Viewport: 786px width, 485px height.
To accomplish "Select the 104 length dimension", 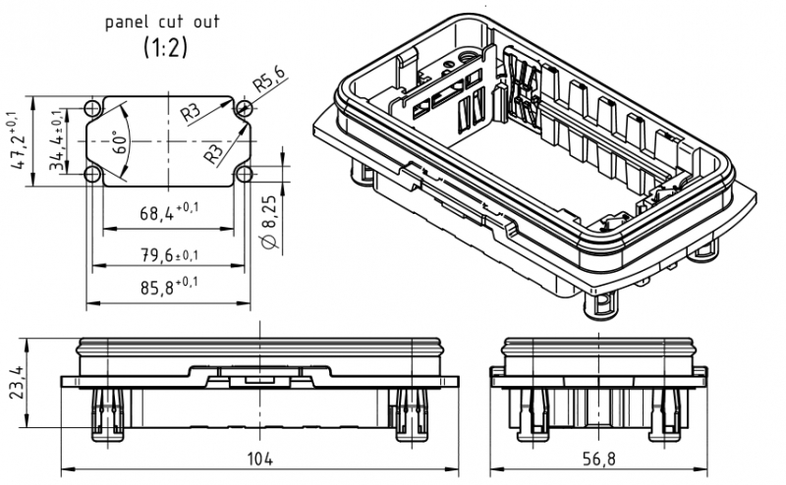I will coord(260,458).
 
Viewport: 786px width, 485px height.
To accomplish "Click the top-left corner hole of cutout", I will coord(92,108).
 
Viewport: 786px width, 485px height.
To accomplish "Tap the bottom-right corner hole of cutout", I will coord(242,174).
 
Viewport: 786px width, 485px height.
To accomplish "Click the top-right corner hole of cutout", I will coord(242,108).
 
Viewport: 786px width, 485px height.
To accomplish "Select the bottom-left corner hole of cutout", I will coord(92,174).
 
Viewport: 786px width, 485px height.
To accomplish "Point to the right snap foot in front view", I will coord(410,412).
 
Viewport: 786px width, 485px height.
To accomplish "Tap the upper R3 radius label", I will coord(192,114).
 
